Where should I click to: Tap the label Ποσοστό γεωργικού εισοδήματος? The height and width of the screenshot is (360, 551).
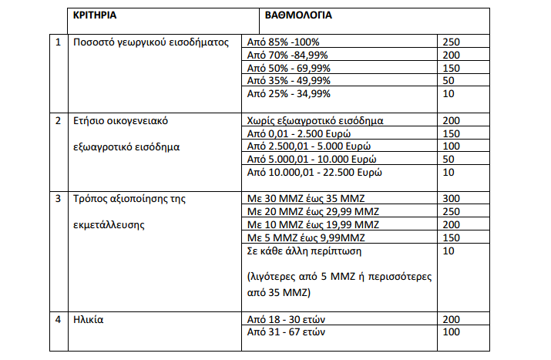151,42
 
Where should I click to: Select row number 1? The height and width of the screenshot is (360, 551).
59,42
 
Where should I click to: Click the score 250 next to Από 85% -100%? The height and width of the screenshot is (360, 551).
454,42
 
